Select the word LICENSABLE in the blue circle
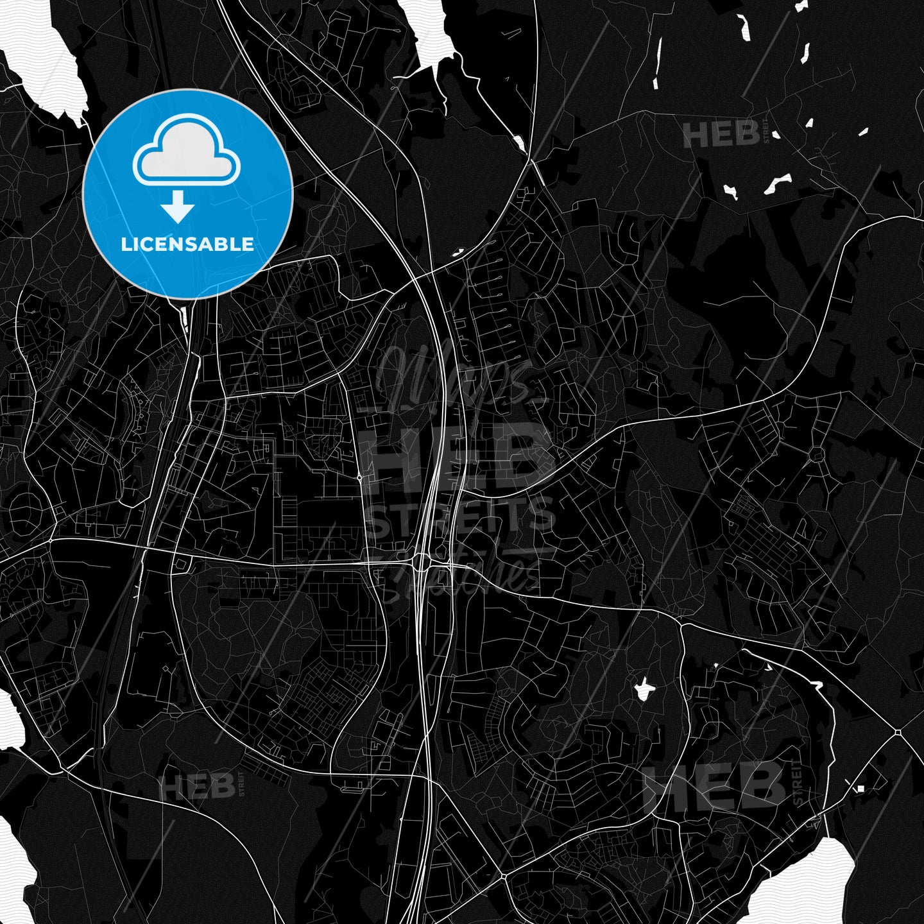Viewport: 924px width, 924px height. tap(187, 244)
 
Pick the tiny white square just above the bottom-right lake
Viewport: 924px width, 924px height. tap(861, 788)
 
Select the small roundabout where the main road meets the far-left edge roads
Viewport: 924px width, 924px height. tap(51, 541)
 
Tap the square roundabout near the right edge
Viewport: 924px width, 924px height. tap(898, 732)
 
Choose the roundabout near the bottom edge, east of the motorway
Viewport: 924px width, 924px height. tap(502, 875)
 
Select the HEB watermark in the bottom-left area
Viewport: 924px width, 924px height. tap(198, 785)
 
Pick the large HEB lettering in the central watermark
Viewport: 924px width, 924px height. tap(457, 456)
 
